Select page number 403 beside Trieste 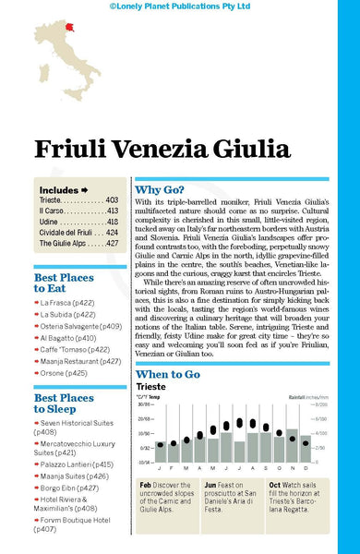tap(112, 199)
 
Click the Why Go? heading tap(163, 186)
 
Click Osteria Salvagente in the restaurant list tap(80, 326)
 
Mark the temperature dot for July tap(240, 423)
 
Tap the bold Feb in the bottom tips tap(147, 484)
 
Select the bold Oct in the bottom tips tap(275, 484)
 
